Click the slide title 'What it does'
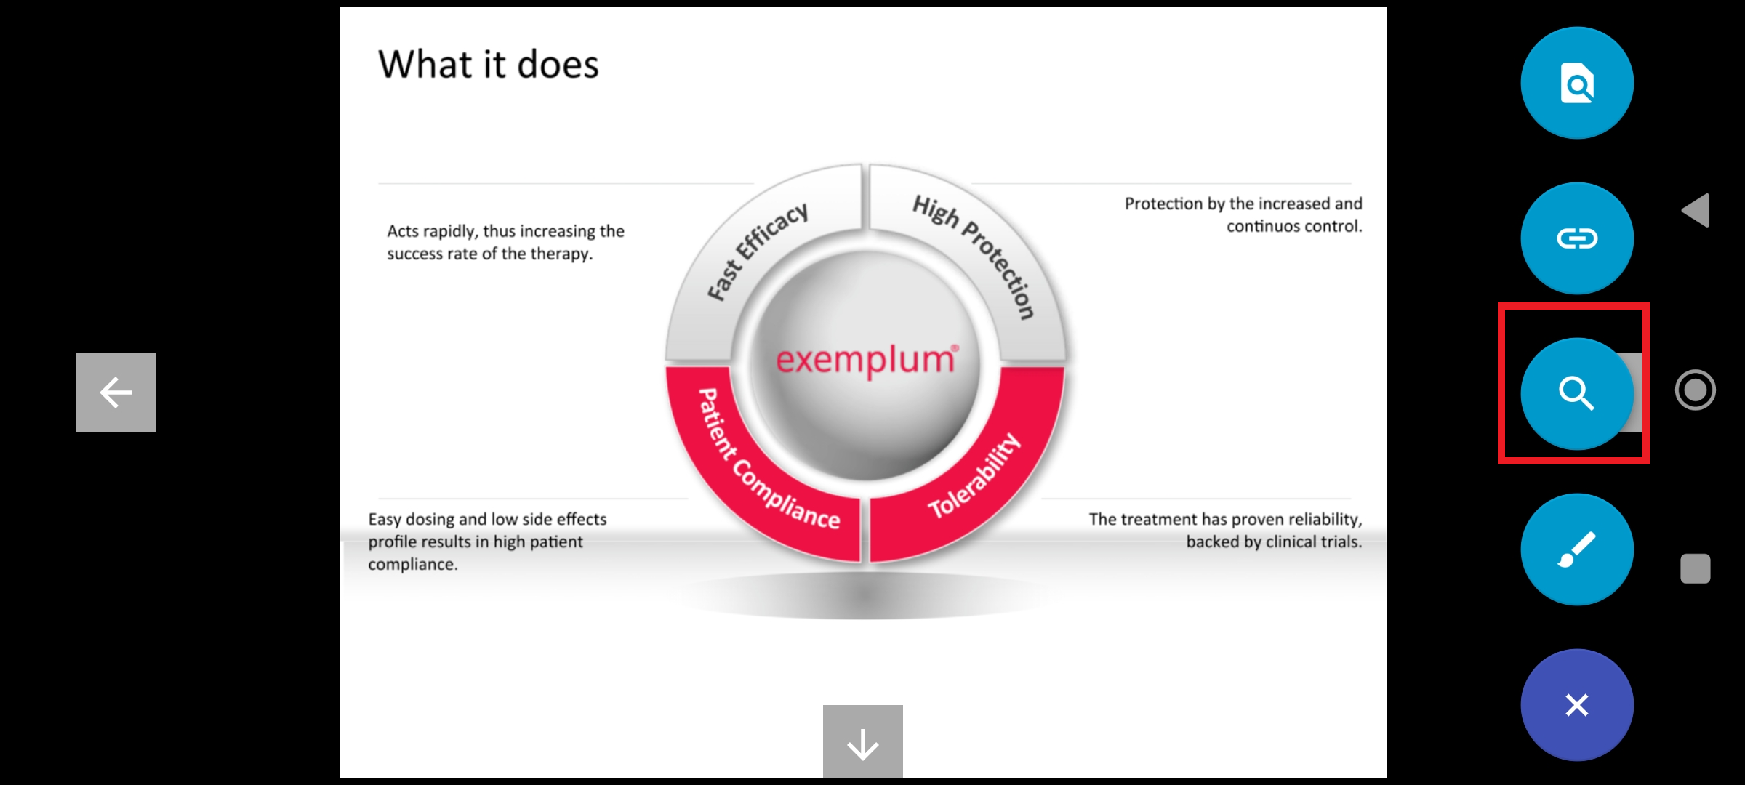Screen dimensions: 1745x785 click(489, 64)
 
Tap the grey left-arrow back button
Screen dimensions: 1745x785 click(116, 392)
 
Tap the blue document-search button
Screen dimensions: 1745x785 click(1577, 83)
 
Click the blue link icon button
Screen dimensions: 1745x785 click(1577, 238)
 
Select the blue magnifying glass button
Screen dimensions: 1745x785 click(1577, 394)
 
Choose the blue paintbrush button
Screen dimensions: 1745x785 click(1577, 549)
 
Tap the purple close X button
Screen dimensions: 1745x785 click(1577, 705)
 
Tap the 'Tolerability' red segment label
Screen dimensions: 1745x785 click(975, 476)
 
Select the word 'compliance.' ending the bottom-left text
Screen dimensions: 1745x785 click(413, 565)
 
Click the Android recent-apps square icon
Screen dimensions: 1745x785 click(1696, 568)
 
